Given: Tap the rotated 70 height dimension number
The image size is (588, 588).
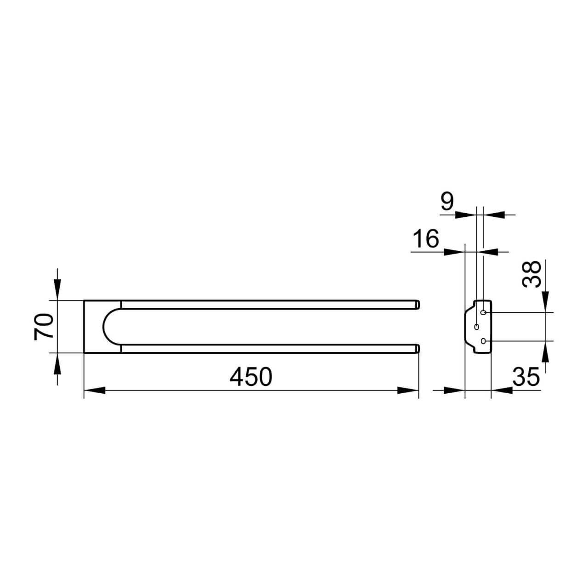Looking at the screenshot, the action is [x=44, y=327].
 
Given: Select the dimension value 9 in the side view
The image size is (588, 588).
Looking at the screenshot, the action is [x=447, y=201].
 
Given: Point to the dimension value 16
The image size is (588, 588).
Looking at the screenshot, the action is [x=426, y=239].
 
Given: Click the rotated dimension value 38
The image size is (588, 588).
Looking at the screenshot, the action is [x=531, y=274].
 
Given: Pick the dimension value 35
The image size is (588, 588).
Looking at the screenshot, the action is [x=526, y=377].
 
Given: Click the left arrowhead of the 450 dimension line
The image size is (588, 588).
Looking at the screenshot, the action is [x=95, y=390].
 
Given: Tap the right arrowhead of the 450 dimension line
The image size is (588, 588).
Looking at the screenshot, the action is [x=407, y=390].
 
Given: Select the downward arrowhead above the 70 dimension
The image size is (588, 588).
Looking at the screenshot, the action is [x=57, y=289].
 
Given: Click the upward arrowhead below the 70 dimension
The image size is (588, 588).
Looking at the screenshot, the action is [x=57, y=363].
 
